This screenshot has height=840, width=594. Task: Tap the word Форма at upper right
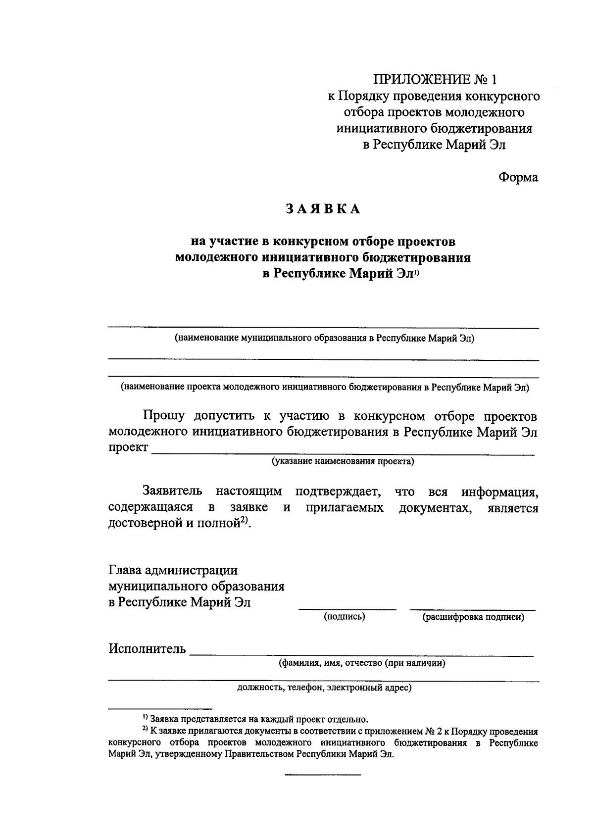(518, 177)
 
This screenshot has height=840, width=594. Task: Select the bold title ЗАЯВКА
(323, 209)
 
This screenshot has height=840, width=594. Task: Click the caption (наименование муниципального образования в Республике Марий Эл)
(324, 339)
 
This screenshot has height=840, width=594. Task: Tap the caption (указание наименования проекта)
(342, 462)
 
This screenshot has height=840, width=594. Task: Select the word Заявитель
(172, 492)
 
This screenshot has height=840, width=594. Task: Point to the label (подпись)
(345, 617)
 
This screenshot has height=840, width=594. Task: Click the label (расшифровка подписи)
(472, 617)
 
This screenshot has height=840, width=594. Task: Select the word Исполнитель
(147, 649)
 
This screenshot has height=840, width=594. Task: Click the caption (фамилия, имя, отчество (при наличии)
(362, 663)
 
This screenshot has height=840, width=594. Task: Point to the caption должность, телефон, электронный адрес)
(324, 688)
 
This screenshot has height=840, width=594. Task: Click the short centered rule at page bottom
(322, 774)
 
